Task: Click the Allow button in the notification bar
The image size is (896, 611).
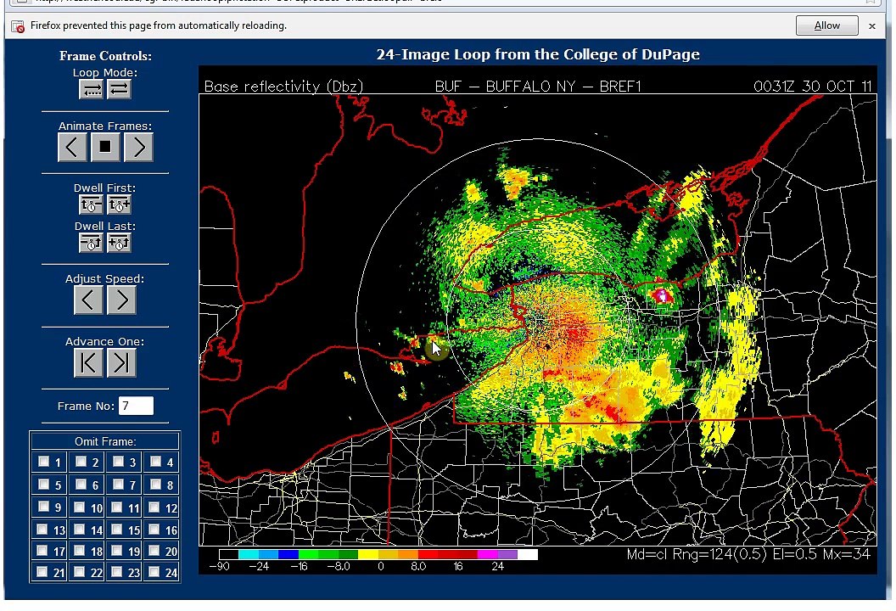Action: (x=826, y=25)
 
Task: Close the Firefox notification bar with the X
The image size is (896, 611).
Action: (x=872, y=25)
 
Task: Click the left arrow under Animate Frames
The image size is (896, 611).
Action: (x=72, y=147)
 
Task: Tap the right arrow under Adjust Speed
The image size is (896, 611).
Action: (x=121, y=299)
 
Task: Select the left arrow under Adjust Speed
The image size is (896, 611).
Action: (x=88, y=299)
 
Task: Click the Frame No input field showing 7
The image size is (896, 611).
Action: (x=136, y=406)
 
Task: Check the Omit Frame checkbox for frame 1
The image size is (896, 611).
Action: (x=43, y=462)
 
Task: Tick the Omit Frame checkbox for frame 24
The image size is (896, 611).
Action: (x=154, y=572)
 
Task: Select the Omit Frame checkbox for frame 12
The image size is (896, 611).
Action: (x=154, y=507)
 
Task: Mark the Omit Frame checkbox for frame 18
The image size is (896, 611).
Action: (x=81, y=552)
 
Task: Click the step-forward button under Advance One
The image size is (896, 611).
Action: (x=121, y=362)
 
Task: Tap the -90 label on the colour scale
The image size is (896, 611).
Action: (x=219, y=566)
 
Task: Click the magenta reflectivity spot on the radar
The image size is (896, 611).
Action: (x=661, y=295)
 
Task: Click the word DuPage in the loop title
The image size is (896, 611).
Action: (x=670, y=54)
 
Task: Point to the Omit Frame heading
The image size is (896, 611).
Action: (x=105, y=441)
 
